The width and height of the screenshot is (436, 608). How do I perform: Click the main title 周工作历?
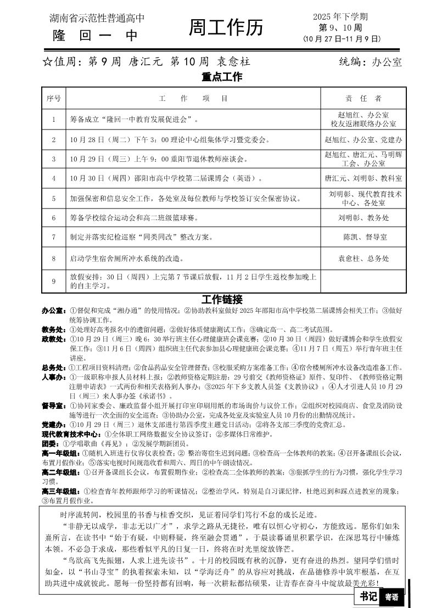coord(226,28)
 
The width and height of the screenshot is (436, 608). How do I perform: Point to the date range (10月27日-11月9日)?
coord(341,39)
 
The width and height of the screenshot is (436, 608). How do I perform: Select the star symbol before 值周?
coord(47,62)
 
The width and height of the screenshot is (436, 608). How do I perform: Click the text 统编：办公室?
coord(370,62)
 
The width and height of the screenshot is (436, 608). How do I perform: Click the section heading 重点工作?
coord(222,77)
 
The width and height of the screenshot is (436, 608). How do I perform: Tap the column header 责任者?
coord(363,99)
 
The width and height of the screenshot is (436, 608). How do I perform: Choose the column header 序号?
coord(54,99)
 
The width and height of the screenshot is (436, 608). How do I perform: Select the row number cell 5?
coord(54,198)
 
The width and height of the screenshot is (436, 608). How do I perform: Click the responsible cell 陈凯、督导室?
coord(363,237)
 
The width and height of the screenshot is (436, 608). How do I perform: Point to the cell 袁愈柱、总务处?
coord(363,258)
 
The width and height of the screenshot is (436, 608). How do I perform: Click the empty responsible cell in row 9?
coord(363,281)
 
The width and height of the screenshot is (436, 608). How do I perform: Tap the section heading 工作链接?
coord(222,300)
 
